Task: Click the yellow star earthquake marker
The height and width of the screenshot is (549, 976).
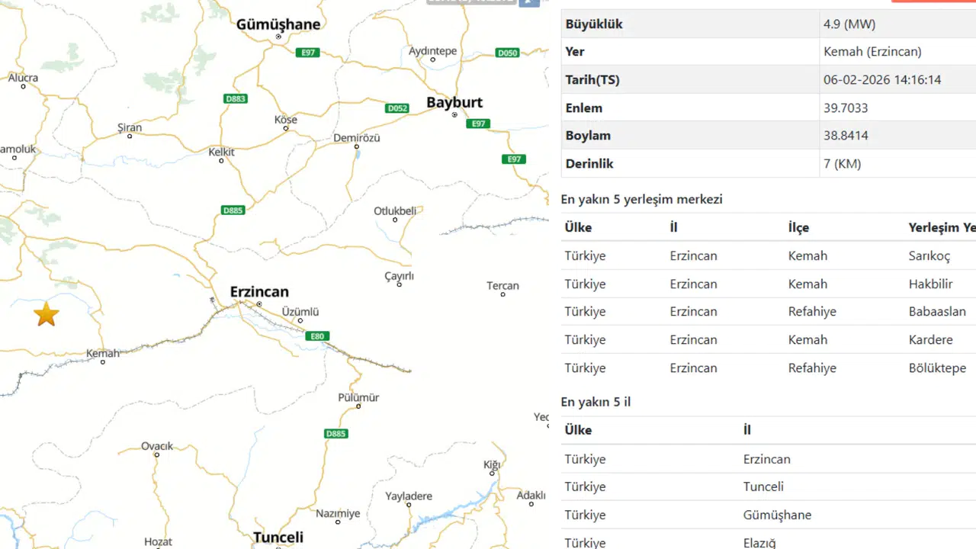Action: click(x=47, y=314)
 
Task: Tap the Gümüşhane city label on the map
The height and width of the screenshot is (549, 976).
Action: click(x=278, y=24)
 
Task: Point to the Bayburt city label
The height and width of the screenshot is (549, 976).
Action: click(x=454, y=102)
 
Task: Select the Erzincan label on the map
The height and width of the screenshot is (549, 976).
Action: click(x=259, y=292)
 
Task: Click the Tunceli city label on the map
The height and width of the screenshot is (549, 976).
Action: click(x=278, y=537)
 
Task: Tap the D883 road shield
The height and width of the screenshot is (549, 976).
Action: click(x=236, y=99)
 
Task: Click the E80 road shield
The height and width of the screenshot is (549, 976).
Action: click(x=317, y=336)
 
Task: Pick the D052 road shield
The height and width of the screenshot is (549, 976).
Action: click(x=397, y=108)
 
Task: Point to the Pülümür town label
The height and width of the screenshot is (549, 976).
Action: click(x=358, y=397)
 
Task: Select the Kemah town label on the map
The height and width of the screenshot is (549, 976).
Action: click(x=103, y=353)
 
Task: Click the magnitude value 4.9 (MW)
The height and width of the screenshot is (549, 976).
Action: click(x=849, y=24)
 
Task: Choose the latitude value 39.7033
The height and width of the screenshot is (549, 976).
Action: click(x=846, y=108)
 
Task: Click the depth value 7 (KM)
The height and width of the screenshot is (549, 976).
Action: click(x=843, y=163)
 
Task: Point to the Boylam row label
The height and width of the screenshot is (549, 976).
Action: click(x=588, y=135)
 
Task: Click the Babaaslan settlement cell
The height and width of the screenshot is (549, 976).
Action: click(x=937, y=311)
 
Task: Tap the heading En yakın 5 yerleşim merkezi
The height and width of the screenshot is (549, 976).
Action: click(x=641, y=199)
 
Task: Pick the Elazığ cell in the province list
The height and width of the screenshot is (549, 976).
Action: click(x=759, y=543)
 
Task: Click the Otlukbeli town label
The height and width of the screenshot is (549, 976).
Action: click(x=395, y=211)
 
